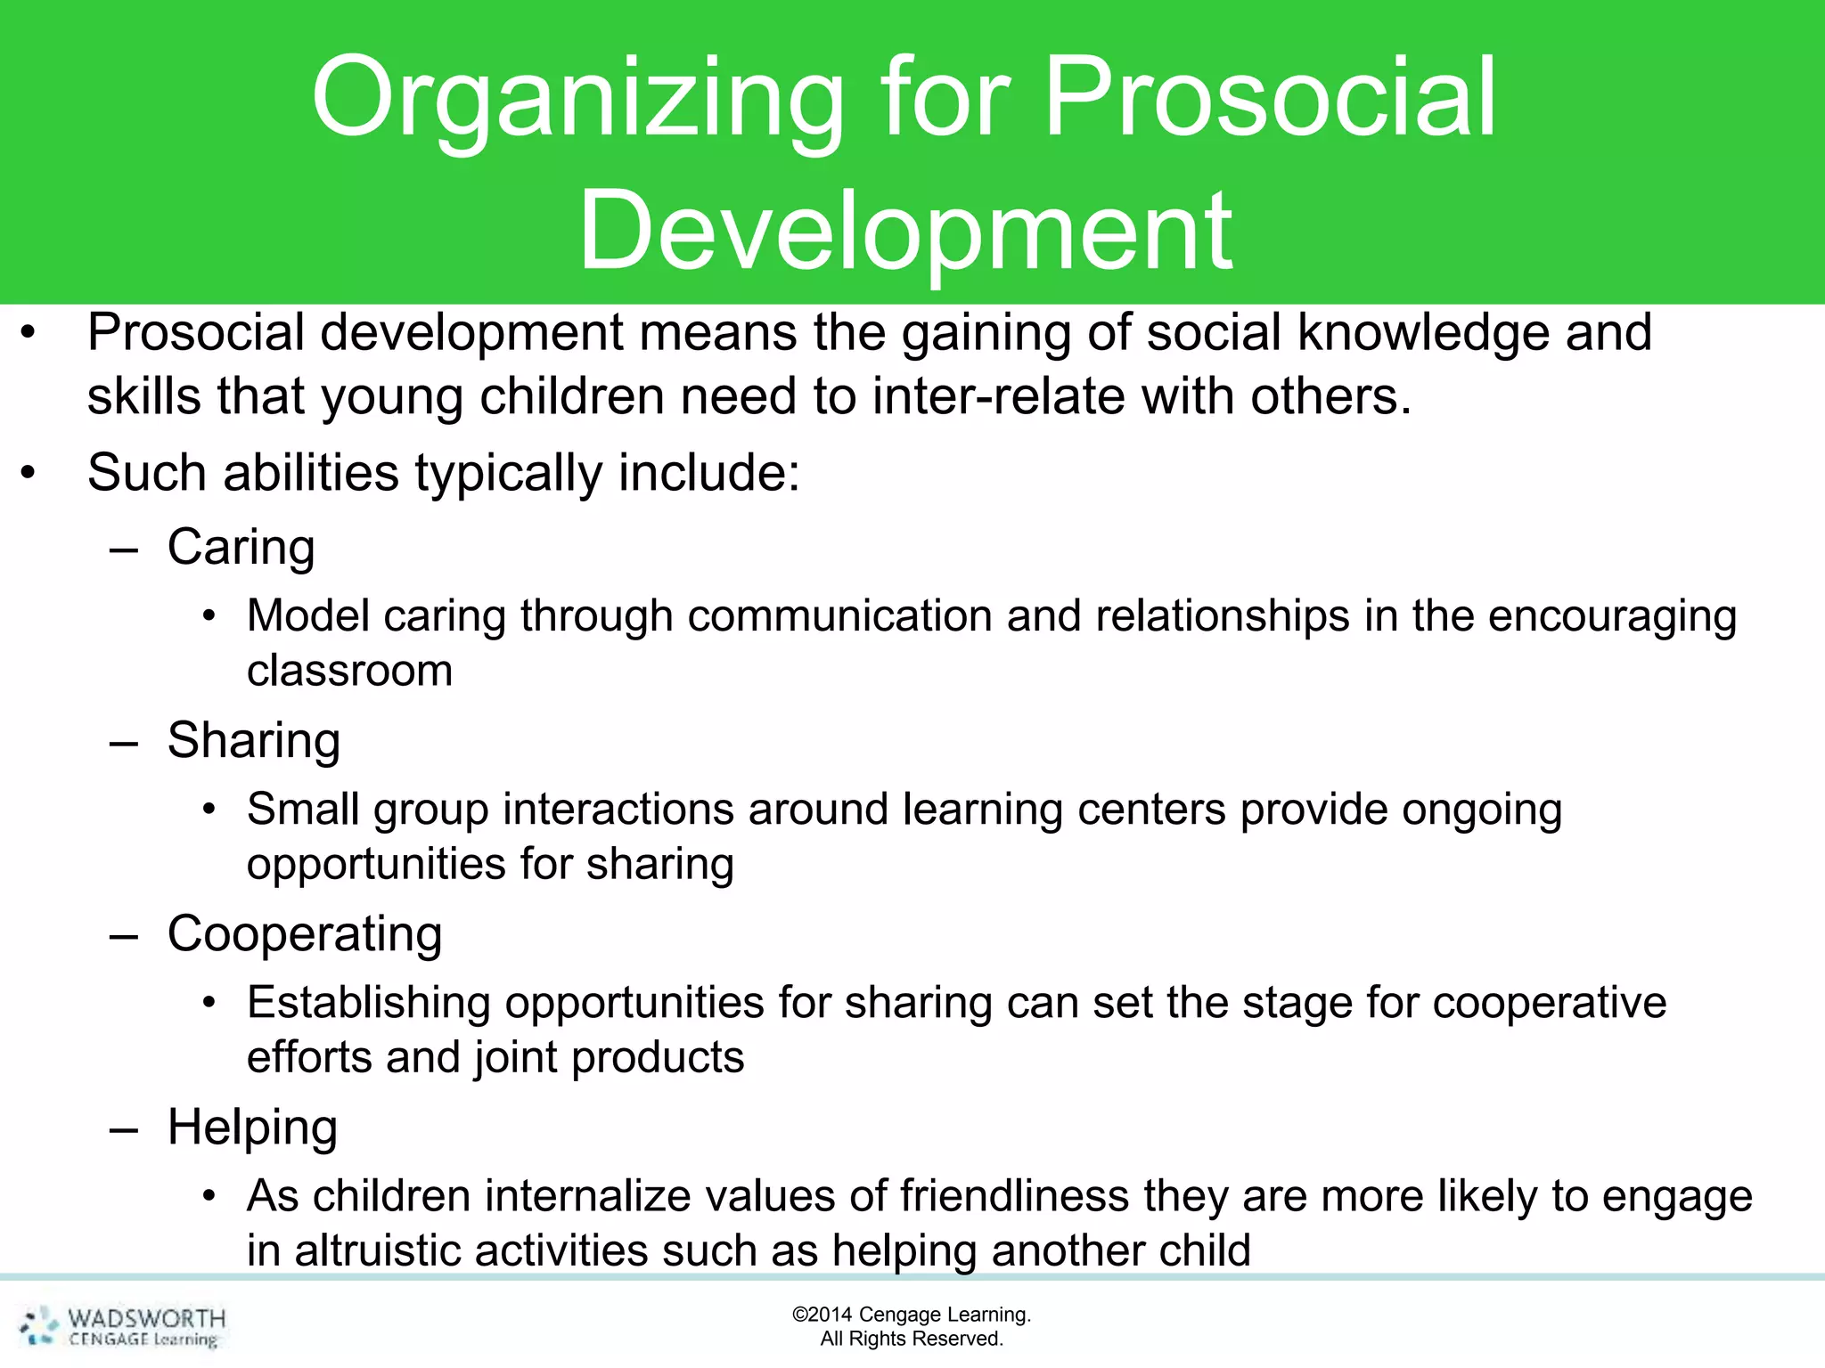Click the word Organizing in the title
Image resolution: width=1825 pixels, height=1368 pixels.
pos(577,98)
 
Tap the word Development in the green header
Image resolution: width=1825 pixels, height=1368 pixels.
pos(905,232)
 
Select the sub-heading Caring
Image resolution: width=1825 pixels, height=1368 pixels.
pos(241,547)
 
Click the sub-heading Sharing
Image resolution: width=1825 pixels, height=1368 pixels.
pos(254,740)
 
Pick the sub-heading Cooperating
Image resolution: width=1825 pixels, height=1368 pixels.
pos(305,934)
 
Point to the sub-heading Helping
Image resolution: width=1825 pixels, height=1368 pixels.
pos(252,1128)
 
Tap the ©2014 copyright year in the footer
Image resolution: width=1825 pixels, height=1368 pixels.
pos(822,1315)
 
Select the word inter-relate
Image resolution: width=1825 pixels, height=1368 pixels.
pos(998,396)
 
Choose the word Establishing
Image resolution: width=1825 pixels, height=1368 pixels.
pos(369,1003)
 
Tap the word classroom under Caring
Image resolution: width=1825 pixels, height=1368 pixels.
pos(349,671)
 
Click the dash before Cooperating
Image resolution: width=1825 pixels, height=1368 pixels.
pos(124,936)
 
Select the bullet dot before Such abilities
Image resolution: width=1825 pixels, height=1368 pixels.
pos(29,473)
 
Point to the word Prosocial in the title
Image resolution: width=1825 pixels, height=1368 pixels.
pos(1269,98)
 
